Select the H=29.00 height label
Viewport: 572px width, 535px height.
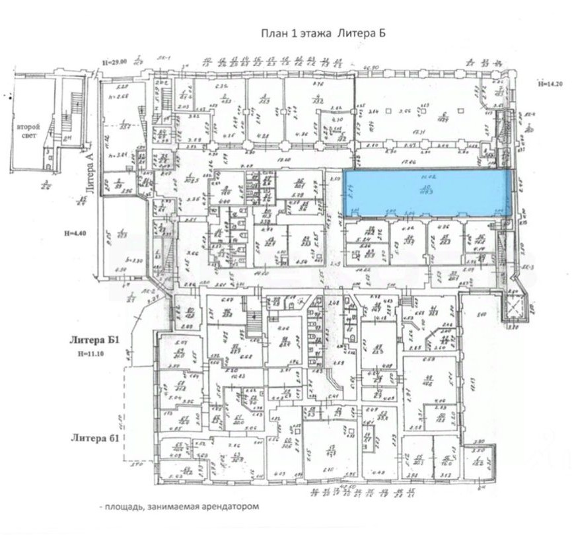(114, 62)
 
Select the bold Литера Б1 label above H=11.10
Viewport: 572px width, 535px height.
(94, 341)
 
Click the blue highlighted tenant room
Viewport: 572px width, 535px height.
(428, 192)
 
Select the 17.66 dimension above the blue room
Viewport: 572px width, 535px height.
(418, 162)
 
